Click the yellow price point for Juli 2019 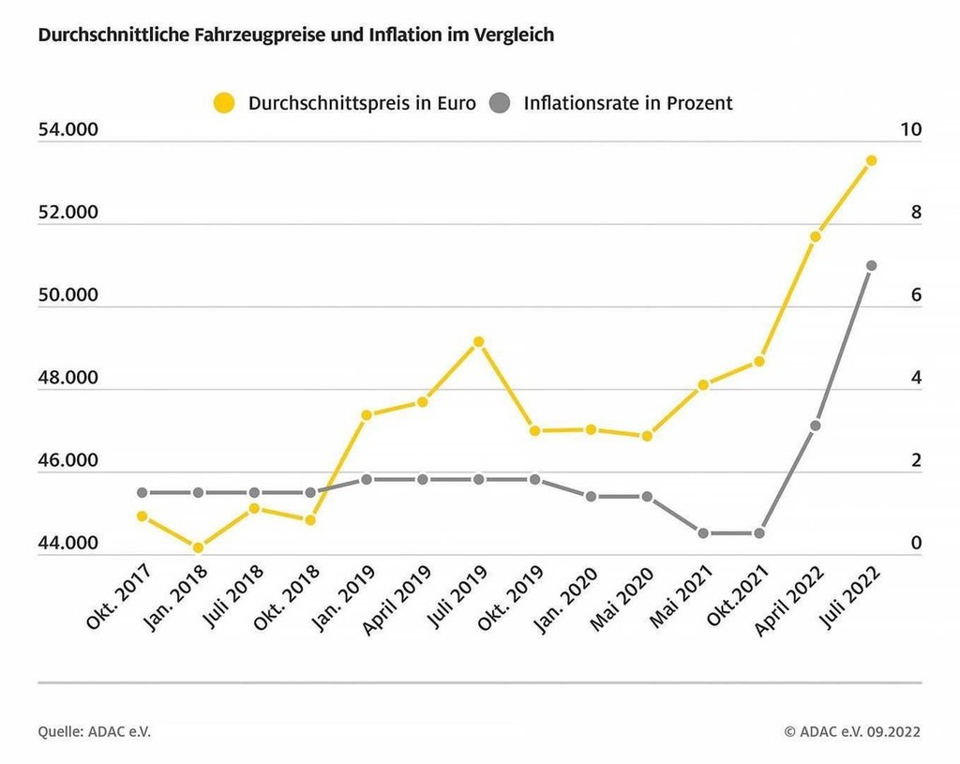tap(478, 341)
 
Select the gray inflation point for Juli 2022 tap(871, 265)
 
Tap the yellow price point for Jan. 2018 tap(198, 547)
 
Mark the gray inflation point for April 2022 tap(816, 426)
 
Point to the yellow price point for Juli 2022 tap(871, 160)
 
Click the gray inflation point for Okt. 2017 tap(142, 492)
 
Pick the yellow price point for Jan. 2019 tap(367, 414)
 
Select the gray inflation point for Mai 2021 tap(703, 533)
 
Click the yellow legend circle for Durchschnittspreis tap(224, 103)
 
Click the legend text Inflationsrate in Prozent tap(628, 103)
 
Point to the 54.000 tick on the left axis tap(67, 130)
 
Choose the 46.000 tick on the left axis tap(67, 461)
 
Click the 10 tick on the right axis tap(910, 130)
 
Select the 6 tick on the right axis tap(916, 295)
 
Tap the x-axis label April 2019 tap(397, 601)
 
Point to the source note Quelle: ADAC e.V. tap(94, 731)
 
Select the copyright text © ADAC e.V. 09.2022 tap(852, 731)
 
